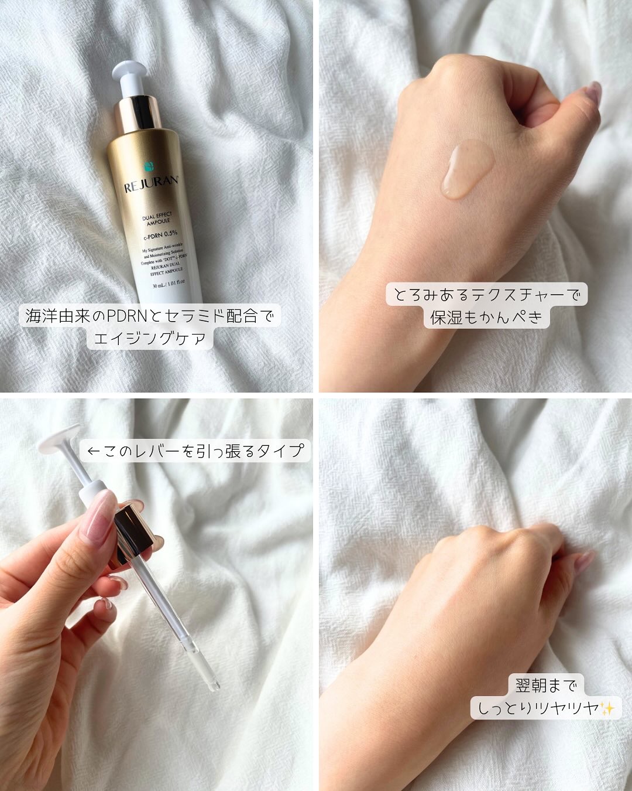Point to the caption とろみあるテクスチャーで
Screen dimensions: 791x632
pyautogui.click(x=486, y=295)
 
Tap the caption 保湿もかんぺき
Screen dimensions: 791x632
pyautogui.click(x=486, y=318)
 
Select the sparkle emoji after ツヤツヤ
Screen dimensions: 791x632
pyautogui.click(x=607, y=708)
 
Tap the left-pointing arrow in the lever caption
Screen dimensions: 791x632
pyautogui.click(x=94, y=451)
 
